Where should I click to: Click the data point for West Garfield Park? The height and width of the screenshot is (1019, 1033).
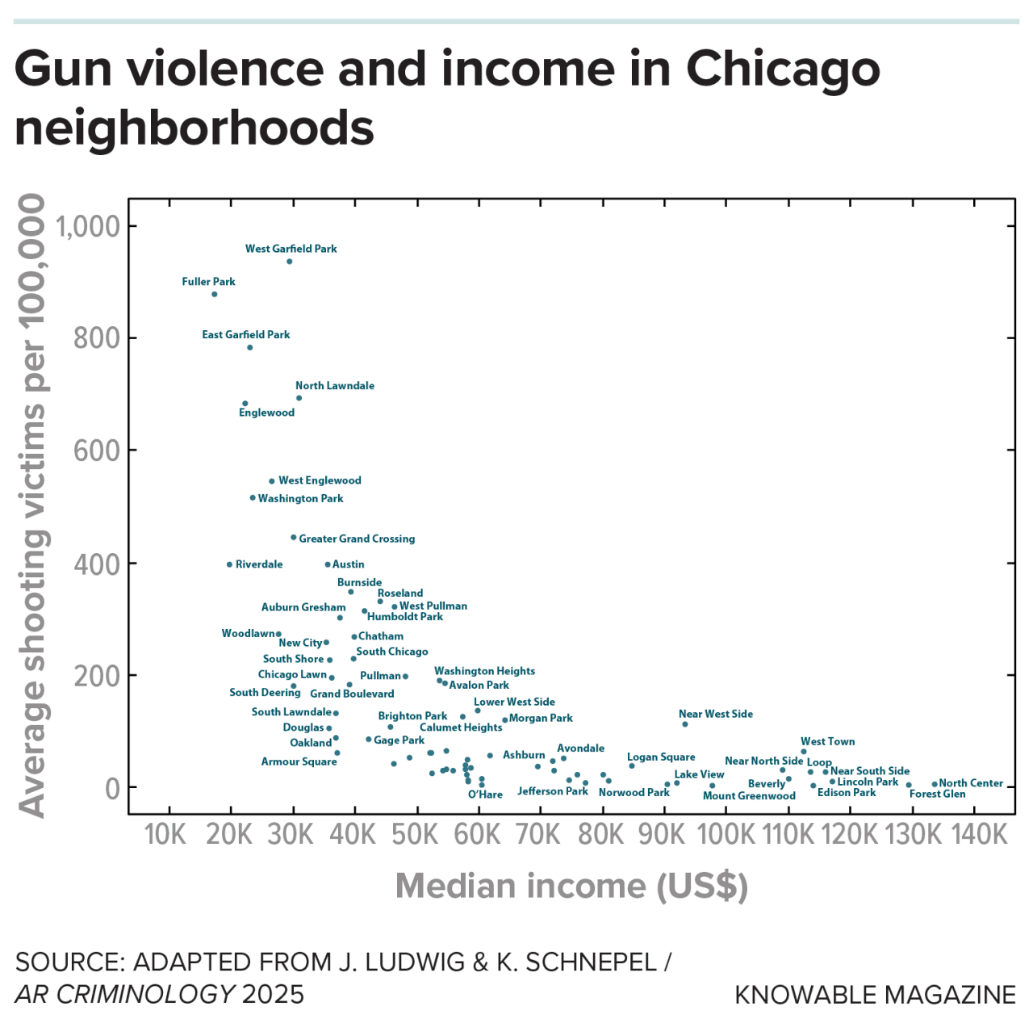[x=290, y=262]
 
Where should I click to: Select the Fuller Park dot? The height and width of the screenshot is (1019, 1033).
[x=215, y=294]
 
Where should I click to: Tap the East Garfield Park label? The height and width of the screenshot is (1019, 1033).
[x=245, y=334]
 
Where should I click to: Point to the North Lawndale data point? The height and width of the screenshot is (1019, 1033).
[x=299, y=398]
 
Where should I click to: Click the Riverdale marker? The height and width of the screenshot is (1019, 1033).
[x=230, y=564]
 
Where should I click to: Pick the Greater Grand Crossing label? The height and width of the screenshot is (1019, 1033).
[x=357, y=539]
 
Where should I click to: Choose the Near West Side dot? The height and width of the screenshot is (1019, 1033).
[x=685, y=724]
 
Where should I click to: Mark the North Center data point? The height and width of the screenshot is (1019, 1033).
[x=935, y=784]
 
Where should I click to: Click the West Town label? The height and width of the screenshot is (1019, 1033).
[x=827, y=741]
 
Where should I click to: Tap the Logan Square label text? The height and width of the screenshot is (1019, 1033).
[x=661, y=757]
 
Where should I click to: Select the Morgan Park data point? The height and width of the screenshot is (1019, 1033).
[x=505, y=719]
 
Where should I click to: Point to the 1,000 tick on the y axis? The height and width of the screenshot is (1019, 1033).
[x=88, y=227]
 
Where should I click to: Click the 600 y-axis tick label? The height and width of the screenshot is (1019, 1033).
[x=97, y=451]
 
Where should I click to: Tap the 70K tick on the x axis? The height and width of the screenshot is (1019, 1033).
[x=538, y=834]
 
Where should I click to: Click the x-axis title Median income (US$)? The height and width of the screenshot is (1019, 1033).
[x=571, y=886]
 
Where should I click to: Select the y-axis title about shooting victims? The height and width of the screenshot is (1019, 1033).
[x=32, y=505]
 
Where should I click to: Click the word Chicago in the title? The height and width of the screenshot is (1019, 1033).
[x=782, y=69]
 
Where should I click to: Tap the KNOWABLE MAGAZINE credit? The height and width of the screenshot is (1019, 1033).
[x=875, y=995]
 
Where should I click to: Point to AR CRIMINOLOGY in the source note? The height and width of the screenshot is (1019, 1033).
[x=125, y=994]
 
